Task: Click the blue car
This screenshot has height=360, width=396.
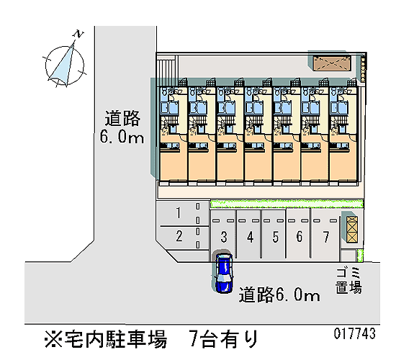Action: point(224,273)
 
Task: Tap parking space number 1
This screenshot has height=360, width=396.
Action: point(179,212)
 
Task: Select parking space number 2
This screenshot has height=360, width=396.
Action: point(179,236)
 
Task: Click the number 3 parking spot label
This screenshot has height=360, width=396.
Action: point(224,237)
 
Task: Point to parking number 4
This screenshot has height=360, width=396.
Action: point(250,237)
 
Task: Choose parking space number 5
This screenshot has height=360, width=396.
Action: point(276,237)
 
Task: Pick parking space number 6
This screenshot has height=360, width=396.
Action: point(300,236)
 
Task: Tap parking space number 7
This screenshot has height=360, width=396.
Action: point(326,237)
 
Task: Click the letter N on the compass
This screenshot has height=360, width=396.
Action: point(78,34)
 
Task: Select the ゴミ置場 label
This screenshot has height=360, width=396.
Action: point(348,281)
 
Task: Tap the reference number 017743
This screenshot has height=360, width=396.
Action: point(354,333)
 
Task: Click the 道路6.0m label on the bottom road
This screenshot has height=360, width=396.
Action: point(279,294)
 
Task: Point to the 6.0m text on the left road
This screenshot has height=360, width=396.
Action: point(122,137)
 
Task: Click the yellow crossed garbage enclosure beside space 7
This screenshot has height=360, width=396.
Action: point(351,230)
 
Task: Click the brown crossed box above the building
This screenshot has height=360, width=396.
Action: point(332,63)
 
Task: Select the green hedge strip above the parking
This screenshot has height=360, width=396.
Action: point(287,204)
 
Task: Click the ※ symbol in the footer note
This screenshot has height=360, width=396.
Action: point(53,339)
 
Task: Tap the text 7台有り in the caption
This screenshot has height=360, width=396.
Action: point(224,339)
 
